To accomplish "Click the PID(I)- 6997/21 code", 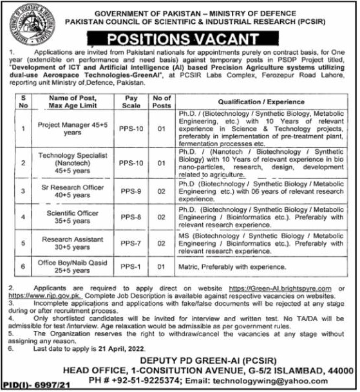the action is [28, 385].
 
